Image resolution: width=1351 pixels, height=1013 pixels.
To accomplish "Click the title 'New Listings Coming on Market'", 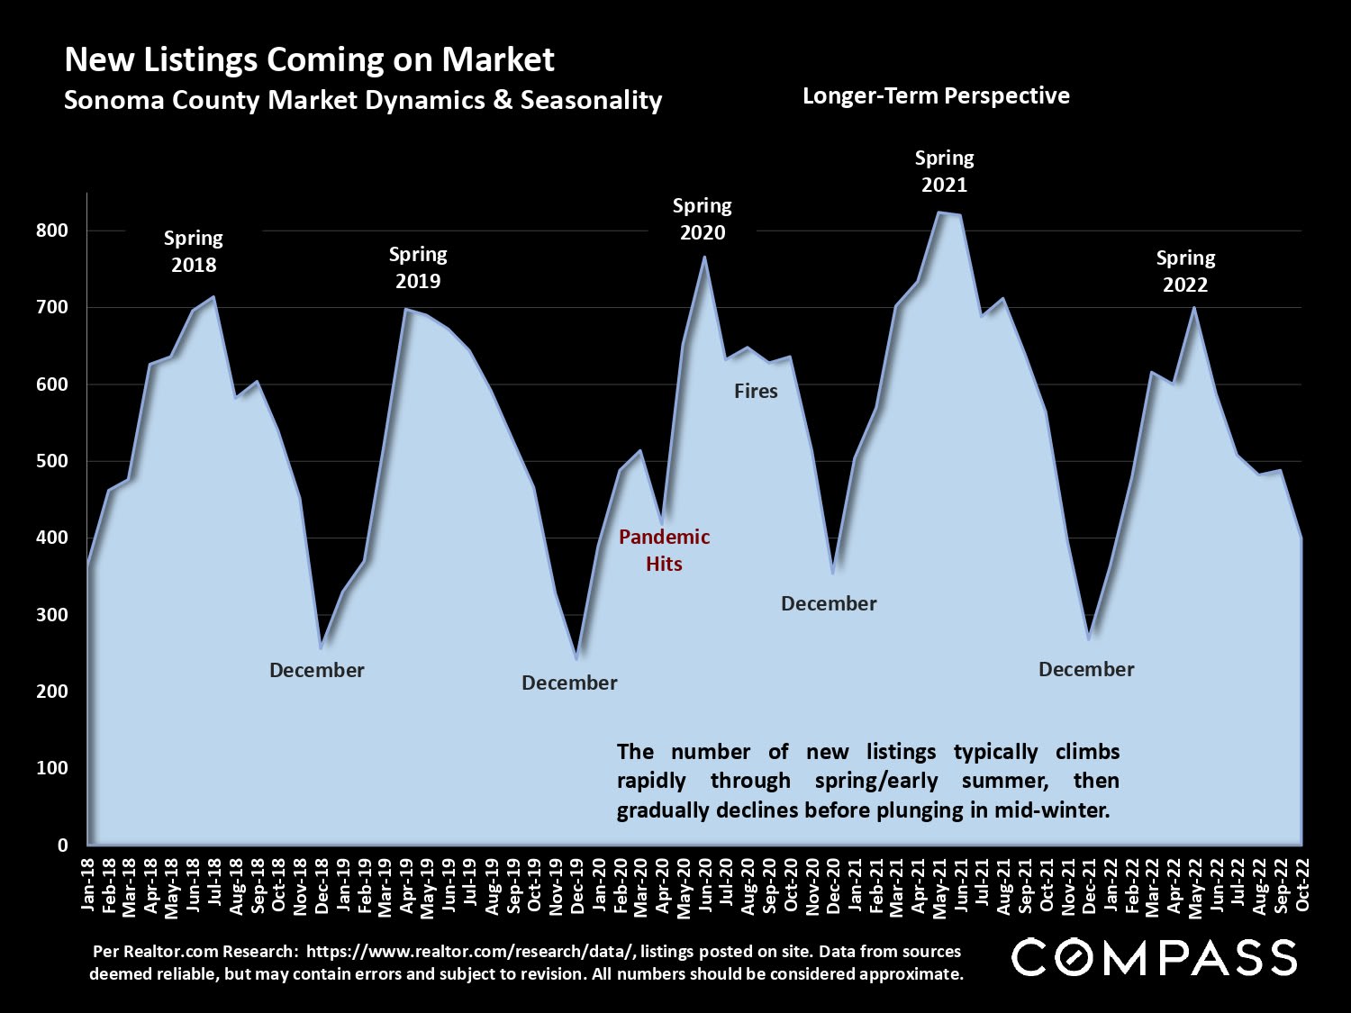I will point(309,59).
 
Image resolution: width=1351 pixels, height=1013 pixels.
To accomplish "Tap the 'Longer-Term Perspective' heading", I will point(936,95).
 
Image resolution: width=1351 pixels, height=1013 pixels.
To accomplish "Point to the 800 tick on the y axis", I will point(52,231).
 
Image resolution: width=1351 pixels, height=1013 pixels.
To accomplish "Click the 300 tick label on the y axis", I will point(52,615).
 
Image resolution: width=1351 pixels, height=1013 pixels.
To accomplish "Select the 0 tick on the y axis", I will point(62,845).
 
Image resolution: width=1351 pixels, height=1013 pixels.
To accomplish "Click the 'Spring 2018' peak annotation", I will point(193,251).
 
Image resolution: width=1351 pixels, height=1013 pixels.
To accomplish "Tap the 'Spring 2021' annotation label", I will point(944,171).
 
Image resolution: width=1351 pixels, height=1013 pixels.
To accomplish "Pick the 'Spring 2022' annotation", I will point(1185,271).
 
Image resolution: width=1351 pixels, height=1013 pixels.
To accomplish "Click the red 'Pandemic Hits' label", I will point(664,550).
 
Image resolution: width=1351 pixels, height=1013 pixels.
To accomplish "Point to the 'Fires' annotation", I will point(756,391).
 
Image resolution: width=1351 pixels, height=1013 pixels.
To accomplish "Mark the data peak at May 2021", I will point(939,213).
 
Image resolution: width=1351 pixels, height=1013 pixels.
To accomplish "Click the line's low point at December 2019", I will point(576,659).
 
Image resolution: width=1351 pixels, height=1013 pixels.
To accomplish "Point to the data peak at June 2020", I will point(704,257).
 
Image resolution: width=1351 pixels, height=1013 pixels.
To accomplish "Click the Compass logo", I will point(1155,957).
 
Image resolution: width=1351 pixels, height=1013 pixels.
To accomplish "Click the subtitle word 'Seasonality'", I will point(591,99).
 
